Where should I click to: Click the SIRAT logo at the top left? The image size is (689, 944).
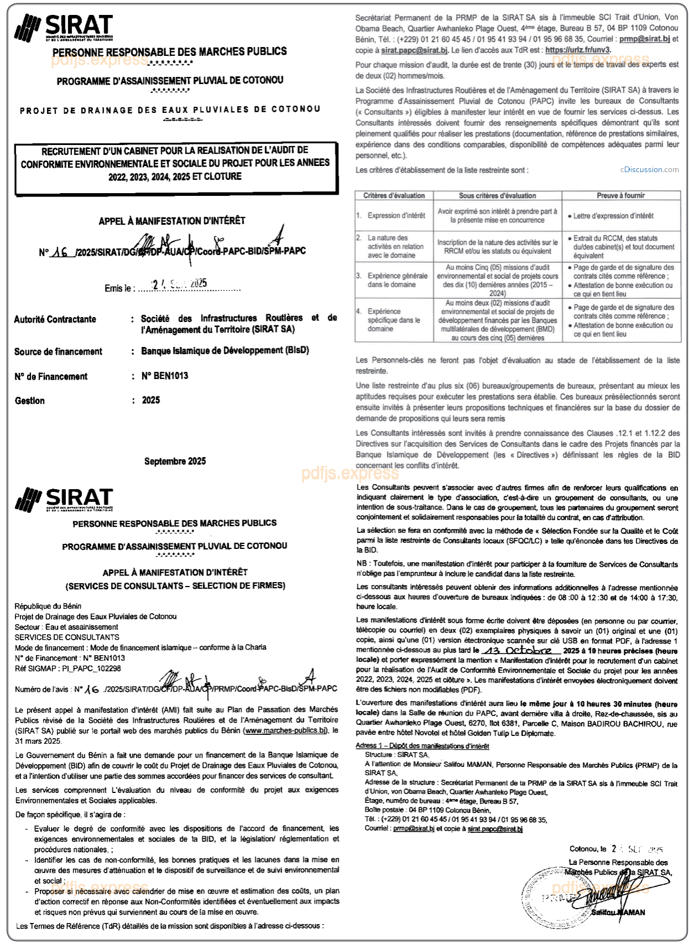64,28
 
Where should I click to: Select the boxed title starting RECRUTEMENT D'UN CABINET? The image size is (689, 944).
175,164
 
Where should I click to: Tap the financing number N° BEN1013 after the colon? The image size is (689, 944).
165,376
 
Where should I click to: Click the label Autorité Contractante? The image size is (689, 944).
55,319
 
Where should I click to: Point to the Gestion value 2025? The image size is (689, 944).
151,400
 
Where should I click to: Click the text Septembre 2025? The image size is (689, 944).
175,461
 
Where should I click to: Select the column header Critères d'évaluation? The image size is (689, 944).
394,196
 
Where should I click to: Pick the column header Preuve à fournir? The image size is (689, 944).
620,196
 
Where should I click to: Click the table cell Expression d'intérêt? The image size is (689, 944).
396,216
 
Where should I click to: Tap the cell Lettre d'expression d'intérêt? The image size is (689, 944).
613,216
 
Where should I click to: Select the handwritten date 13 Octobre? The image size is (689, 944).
517,651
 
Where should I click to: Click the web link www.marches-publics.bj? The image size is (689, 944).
286,730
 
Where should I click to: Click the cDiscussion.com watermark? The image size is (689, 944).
649,170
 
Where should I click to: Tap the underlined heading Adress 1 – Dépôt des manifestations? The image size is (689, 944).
422,746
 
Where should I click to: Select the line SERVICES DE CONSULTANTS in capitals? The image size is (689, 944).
67,637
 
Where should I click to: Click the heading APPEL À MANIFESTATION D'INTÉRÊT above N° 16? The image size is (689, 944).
172,221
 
